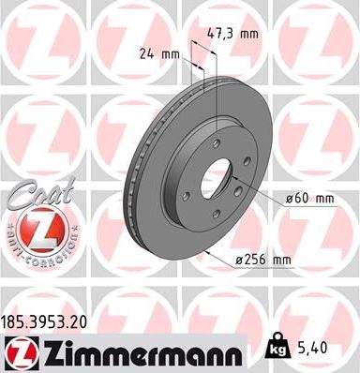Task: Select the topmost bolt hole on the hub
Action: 215,142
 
